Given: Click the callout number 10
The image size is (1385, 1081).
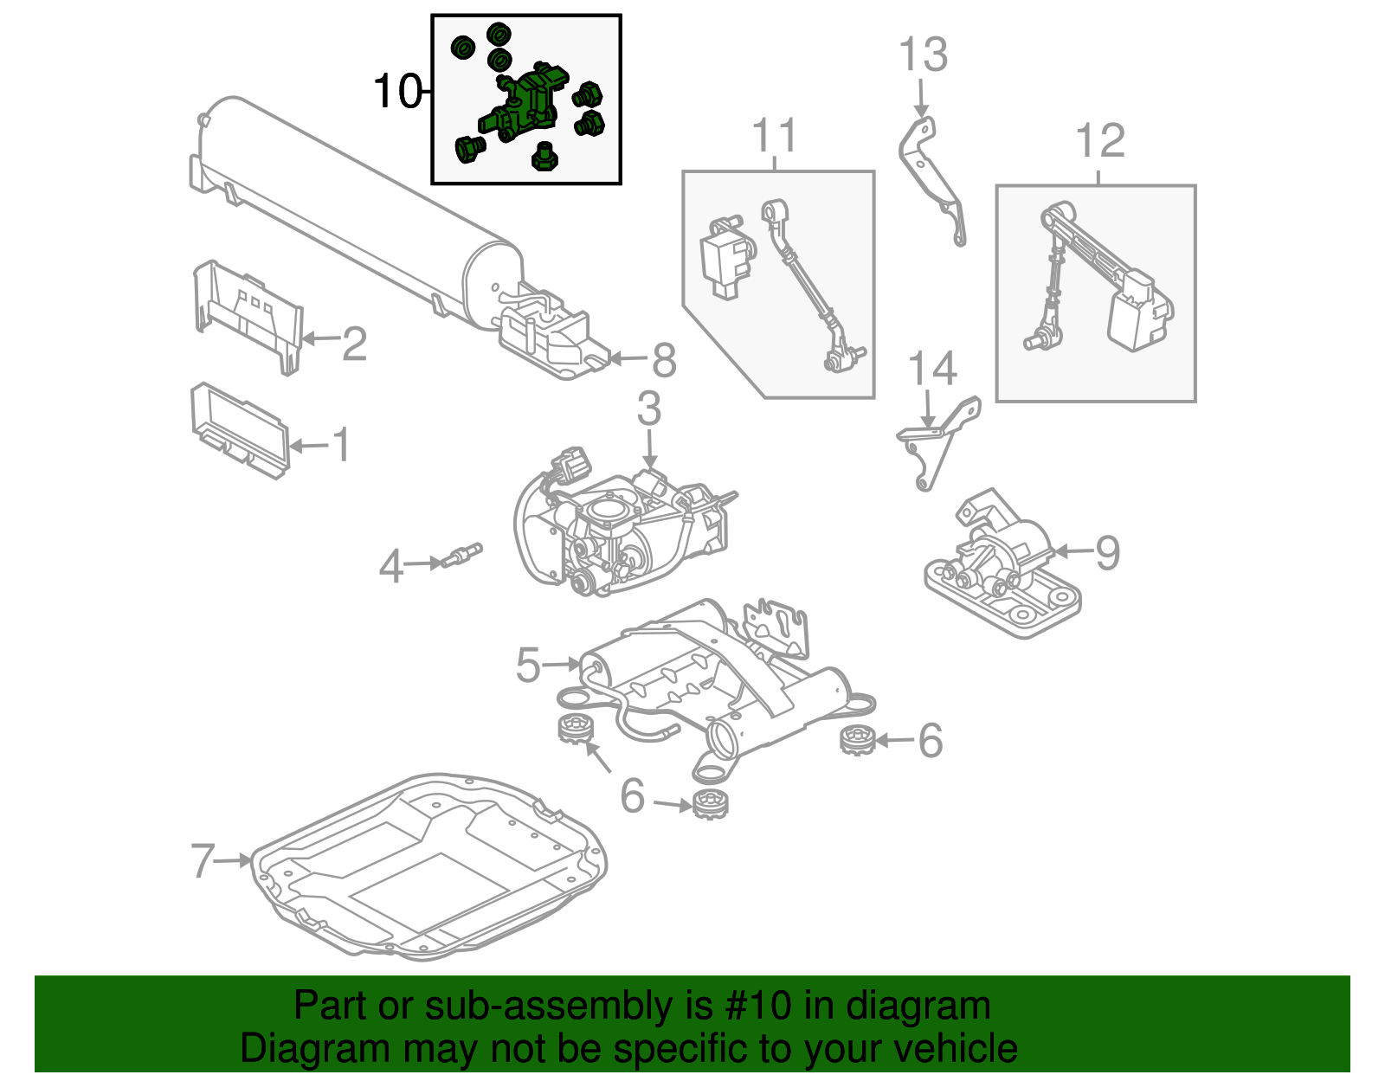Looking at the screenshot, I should coord(396,91).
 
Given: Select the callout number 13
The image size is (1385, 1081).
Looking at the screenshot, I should coord(923,55).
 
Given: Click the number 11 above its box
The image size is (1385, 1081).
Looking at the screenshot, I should coord(774,136).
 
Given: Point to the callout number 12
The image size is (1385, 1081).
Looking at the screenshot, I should coord(1099,141).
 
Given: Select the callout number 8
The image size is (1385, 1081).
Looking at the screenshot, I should coord(663,360).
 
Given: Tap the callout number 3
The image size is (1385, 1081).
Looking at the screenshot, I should coord(649,409).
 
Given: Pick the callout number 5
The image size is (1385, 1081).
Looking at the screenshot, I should coord(528,665).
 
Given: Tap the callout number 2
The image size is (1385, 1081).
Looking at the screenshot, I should coord(354,344).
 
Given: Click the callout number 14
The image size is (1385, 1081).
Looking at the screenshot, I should coord(931,370).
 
